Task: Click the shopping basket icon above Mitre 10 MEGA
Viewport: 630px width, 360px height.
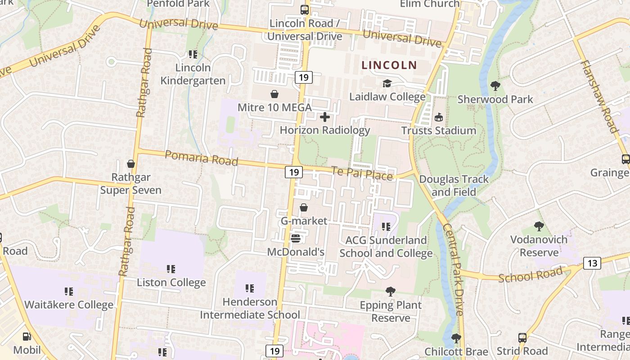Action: click(x=274, y=94)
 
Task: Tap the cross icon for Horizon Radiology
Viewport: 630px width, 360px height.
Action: click(x=324, y=117)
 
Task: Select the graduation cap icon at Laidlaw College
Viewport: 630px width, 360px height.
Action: click(x=387, y=83)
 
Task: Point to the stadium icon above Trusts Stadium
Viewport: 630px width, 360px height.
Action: click(x=439, y=117)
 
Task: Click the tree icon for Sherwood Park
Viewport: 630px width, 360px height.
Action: click(x=495, y=85)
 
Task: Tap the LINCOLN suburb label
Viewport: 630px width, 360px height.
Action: click(x=389, y=65)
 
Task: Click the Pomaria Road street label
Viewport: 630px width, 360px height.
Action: click(x=201, y=158)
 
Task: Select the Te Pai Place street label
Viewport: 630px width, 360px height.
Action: click(x=362, y=173)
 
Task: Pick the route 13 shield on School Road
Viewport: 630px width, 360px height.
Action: click(x=592, y=263)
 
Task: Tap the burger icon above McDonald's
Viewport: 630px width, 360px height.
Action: click(x=296, y=238)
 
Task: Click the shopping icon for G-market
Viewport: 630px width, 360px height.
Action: click(x=304, y=207)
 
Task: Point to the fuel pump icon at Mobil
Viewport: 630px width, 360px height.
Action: click(x=27, y=336)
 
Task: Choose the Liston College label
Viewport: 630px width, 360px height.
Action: click(x=171, y=283)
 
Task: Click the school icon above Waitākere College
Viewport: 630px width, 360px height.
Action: click(x=69, y=292)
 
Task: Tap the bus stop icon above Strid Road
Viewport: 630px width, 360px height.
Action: click(x=522, y=337)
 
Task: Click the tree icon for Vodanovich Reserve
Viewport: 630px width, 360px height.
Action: click(x=539, y=226)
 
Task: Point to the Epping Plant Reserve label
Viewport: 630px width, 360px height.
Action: click(x=391, y=311)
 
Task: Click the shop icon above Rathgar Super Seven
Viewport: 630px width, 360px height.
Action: click(x=131, y=164)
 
